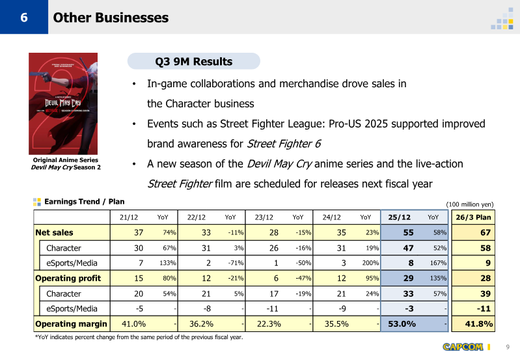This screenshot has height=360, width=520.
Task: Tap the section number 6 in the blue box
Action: [23, 18]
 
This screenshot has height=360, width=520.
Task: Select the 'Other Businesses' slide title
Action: [111, 18]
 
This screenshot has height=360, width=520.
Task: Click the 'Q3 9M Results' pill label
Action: [193, 62]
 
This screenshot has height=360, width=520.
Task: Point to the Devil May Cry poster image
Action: [62, 104]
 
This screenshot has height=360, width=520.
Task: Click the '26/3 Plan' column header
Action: [473, 217]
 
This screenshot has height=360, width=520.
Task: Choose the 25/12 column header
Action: [398, 217]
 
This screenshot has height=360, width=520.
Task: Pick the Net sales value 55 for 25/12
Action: [407, 232]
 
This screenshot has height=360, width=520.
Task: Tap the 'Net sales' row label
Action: [54, 232]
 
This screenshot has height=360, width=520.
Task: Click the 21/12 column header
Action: [128, 217]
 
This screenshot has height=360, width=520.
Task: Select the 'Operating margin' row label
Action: [70, 324]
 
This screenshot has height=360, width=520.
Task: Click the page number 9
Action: [508, 346]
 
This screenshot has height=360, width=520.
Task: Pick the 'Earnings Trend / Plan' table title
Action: [83, 202]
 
